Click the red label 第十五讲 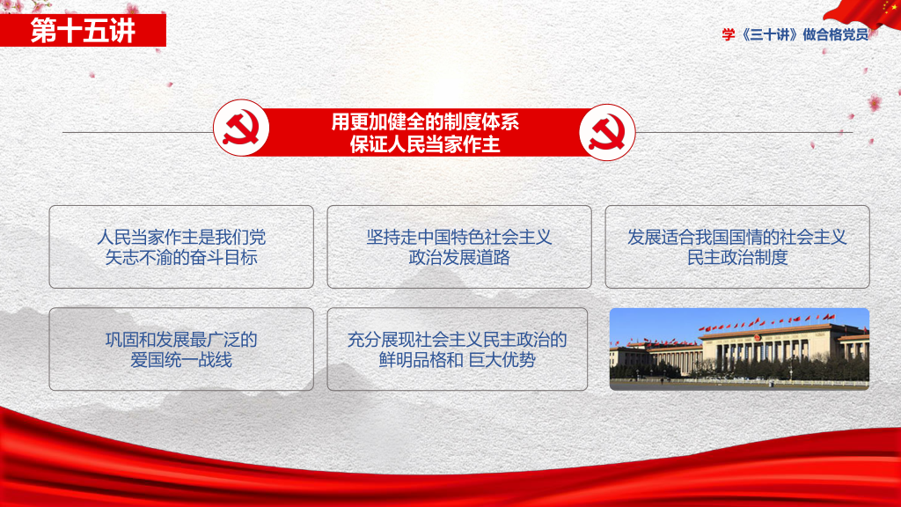coord(83,31)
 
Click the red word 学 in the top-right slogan coord(728,35)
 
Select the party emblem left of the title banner coord(241,128)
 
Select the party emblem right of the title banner coord(607,132)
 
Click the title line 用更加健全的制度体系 coord(425,121)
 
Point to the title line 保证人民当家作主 coord(425,144)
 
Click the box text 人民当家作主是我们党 coord(181,237)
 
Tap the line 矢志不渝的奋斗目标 coord(181,258)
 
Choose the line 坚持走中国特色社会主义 coord(459,237)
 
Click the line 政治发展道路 coord(459,258)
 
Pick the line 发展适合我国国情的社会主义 coord(736,237)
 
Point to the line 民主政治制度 coord(737,258)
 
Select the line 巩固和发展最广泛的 coord(181,340)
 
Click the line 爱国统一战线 coord(181,360)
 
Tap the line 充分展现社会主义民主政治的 coord(457,340)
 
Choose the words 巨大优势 coord(502,360)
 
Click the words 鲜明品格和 coord(421,360)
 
